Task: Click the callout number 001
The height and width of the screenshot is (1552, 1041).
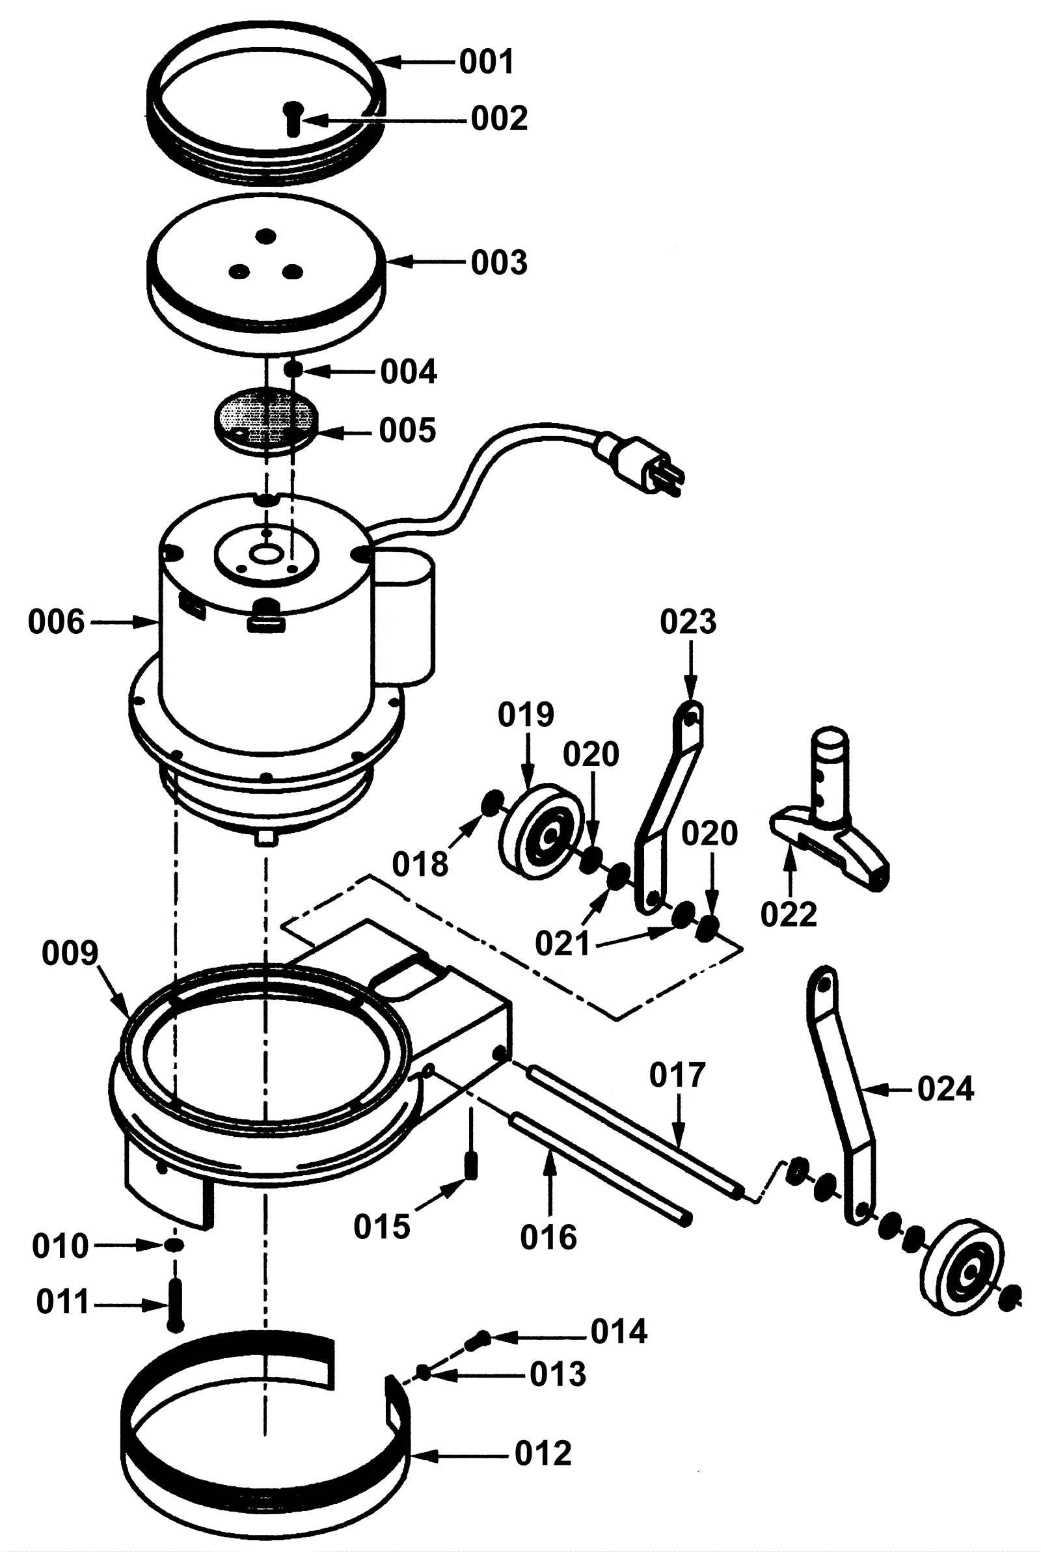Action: coord(486,62)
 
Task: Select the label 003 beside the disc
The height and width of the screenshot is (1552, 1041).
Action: coord(499,262)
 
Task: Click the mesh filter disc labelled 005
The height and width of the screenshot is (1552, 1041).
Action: coord(265,420)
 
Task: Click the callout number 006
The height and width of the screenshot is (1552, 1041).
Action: coord(57,622)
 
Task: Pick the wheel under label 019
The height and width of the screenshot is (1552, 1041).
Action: coord(542,832)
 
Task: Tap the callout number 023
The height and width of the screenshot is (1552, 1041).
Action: coord(688,622)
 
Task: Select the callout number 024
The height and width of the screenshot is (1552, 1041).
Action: coord(945,1089)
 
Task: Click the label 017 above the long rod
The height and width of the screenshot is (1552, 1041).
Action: coord(677,1075)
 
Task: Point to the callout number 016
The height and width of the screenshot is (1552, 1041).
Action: coord(548,1237)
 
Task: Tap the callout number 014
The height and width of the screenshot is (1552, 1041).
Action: coord(619,1331)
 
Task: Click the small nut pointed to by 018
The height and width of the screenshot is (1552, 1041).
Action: coord(492,805)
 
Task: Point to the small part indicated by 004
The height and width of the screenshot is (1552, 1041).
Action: coord(294,368)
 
